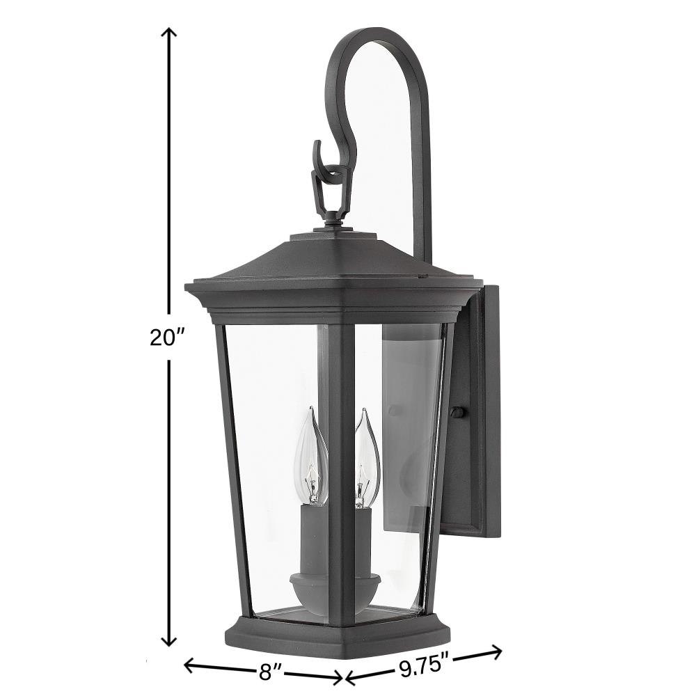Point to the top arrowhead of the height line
tap(168, 32)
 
